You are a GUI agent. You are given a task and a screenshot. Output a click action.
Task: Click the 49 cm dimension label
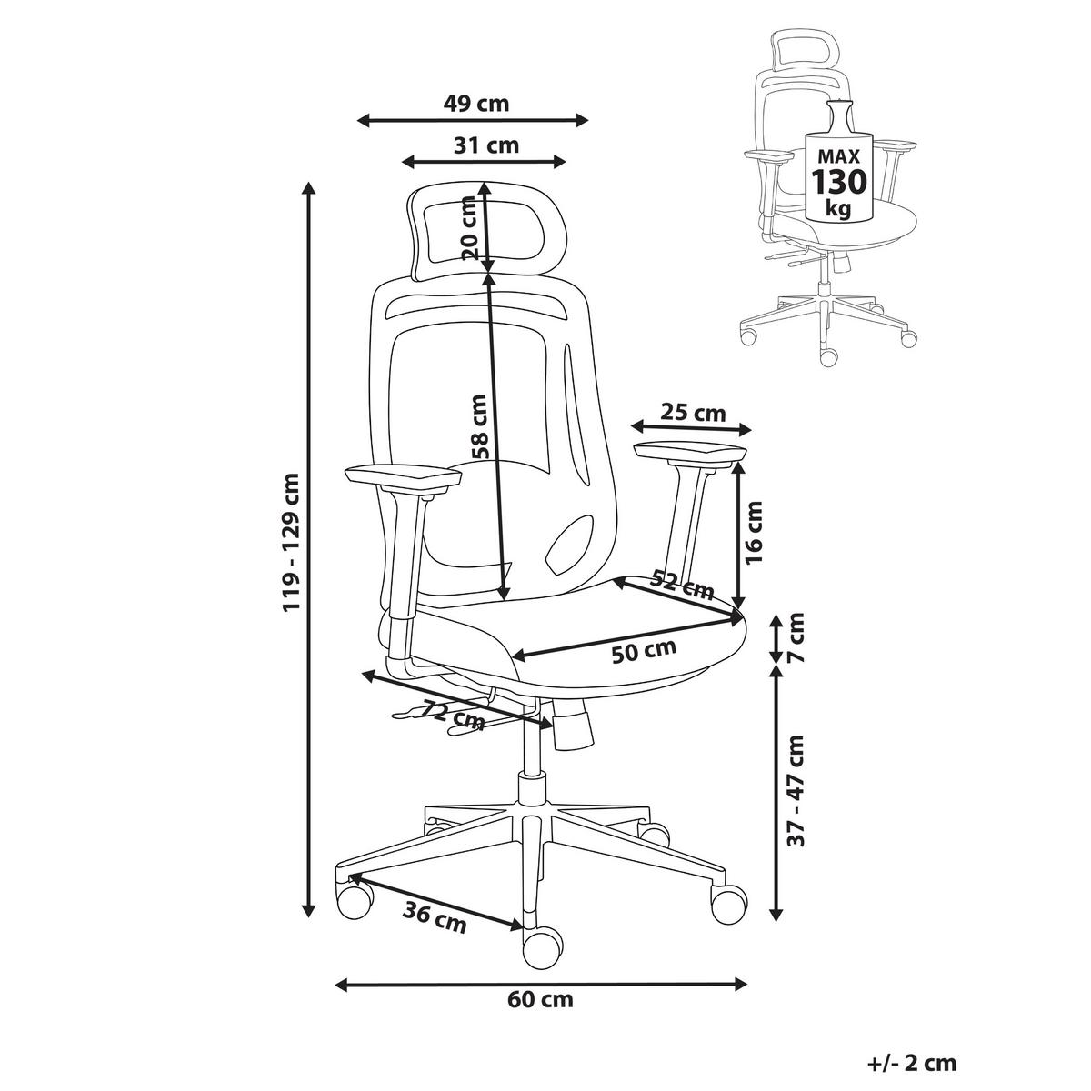pyautogui.click(x=475, y=104)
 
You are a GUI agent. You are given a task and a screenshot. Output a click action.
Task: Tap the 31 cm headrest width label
pyautogui.click(x=485, y=145)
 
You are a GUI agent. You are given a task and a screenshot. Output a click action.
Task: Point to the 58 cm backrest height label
pyautogui.click(x=479, y=426)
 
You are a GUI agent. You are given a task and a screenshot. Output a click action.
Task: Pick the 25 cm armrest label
pyautogui.click(x=693, y=414)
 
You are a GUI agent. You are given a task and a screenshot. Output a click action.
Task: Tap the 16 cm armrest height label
pyautogui.click(x=754, y=533)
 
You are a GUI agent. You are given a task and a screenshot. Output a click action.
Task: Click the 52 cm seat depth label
pyautogui.click(x=682, y=585)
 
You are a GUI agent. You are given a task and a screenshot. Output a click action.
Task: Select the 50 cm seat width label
pyautogui.click(x=645, y=651)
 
